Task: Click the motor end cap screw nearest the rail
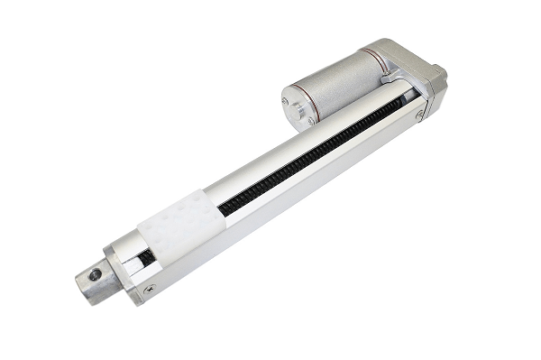[311, 120]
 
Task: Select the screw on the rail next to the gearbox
[420, 115]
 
